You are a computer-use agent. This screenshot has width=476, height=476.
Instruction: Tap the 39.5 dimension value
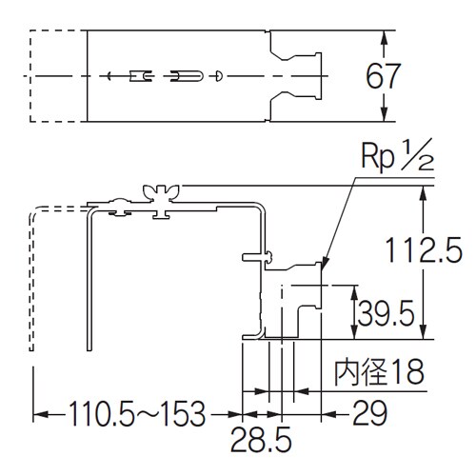(x=388, y=309)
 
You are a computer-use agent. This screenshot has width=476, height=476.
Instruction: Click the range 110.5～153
(x=136, y=414)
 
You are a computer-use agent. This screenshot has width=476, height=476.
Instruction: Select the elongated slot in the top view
(x=188, y=74)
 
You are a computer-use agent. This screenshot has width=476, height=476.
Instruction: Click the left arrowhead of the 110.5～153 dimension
(x=40, y=414)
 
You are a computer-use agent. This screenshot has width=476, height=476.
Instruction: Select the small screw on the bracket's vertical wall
(x=257, y=255)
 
